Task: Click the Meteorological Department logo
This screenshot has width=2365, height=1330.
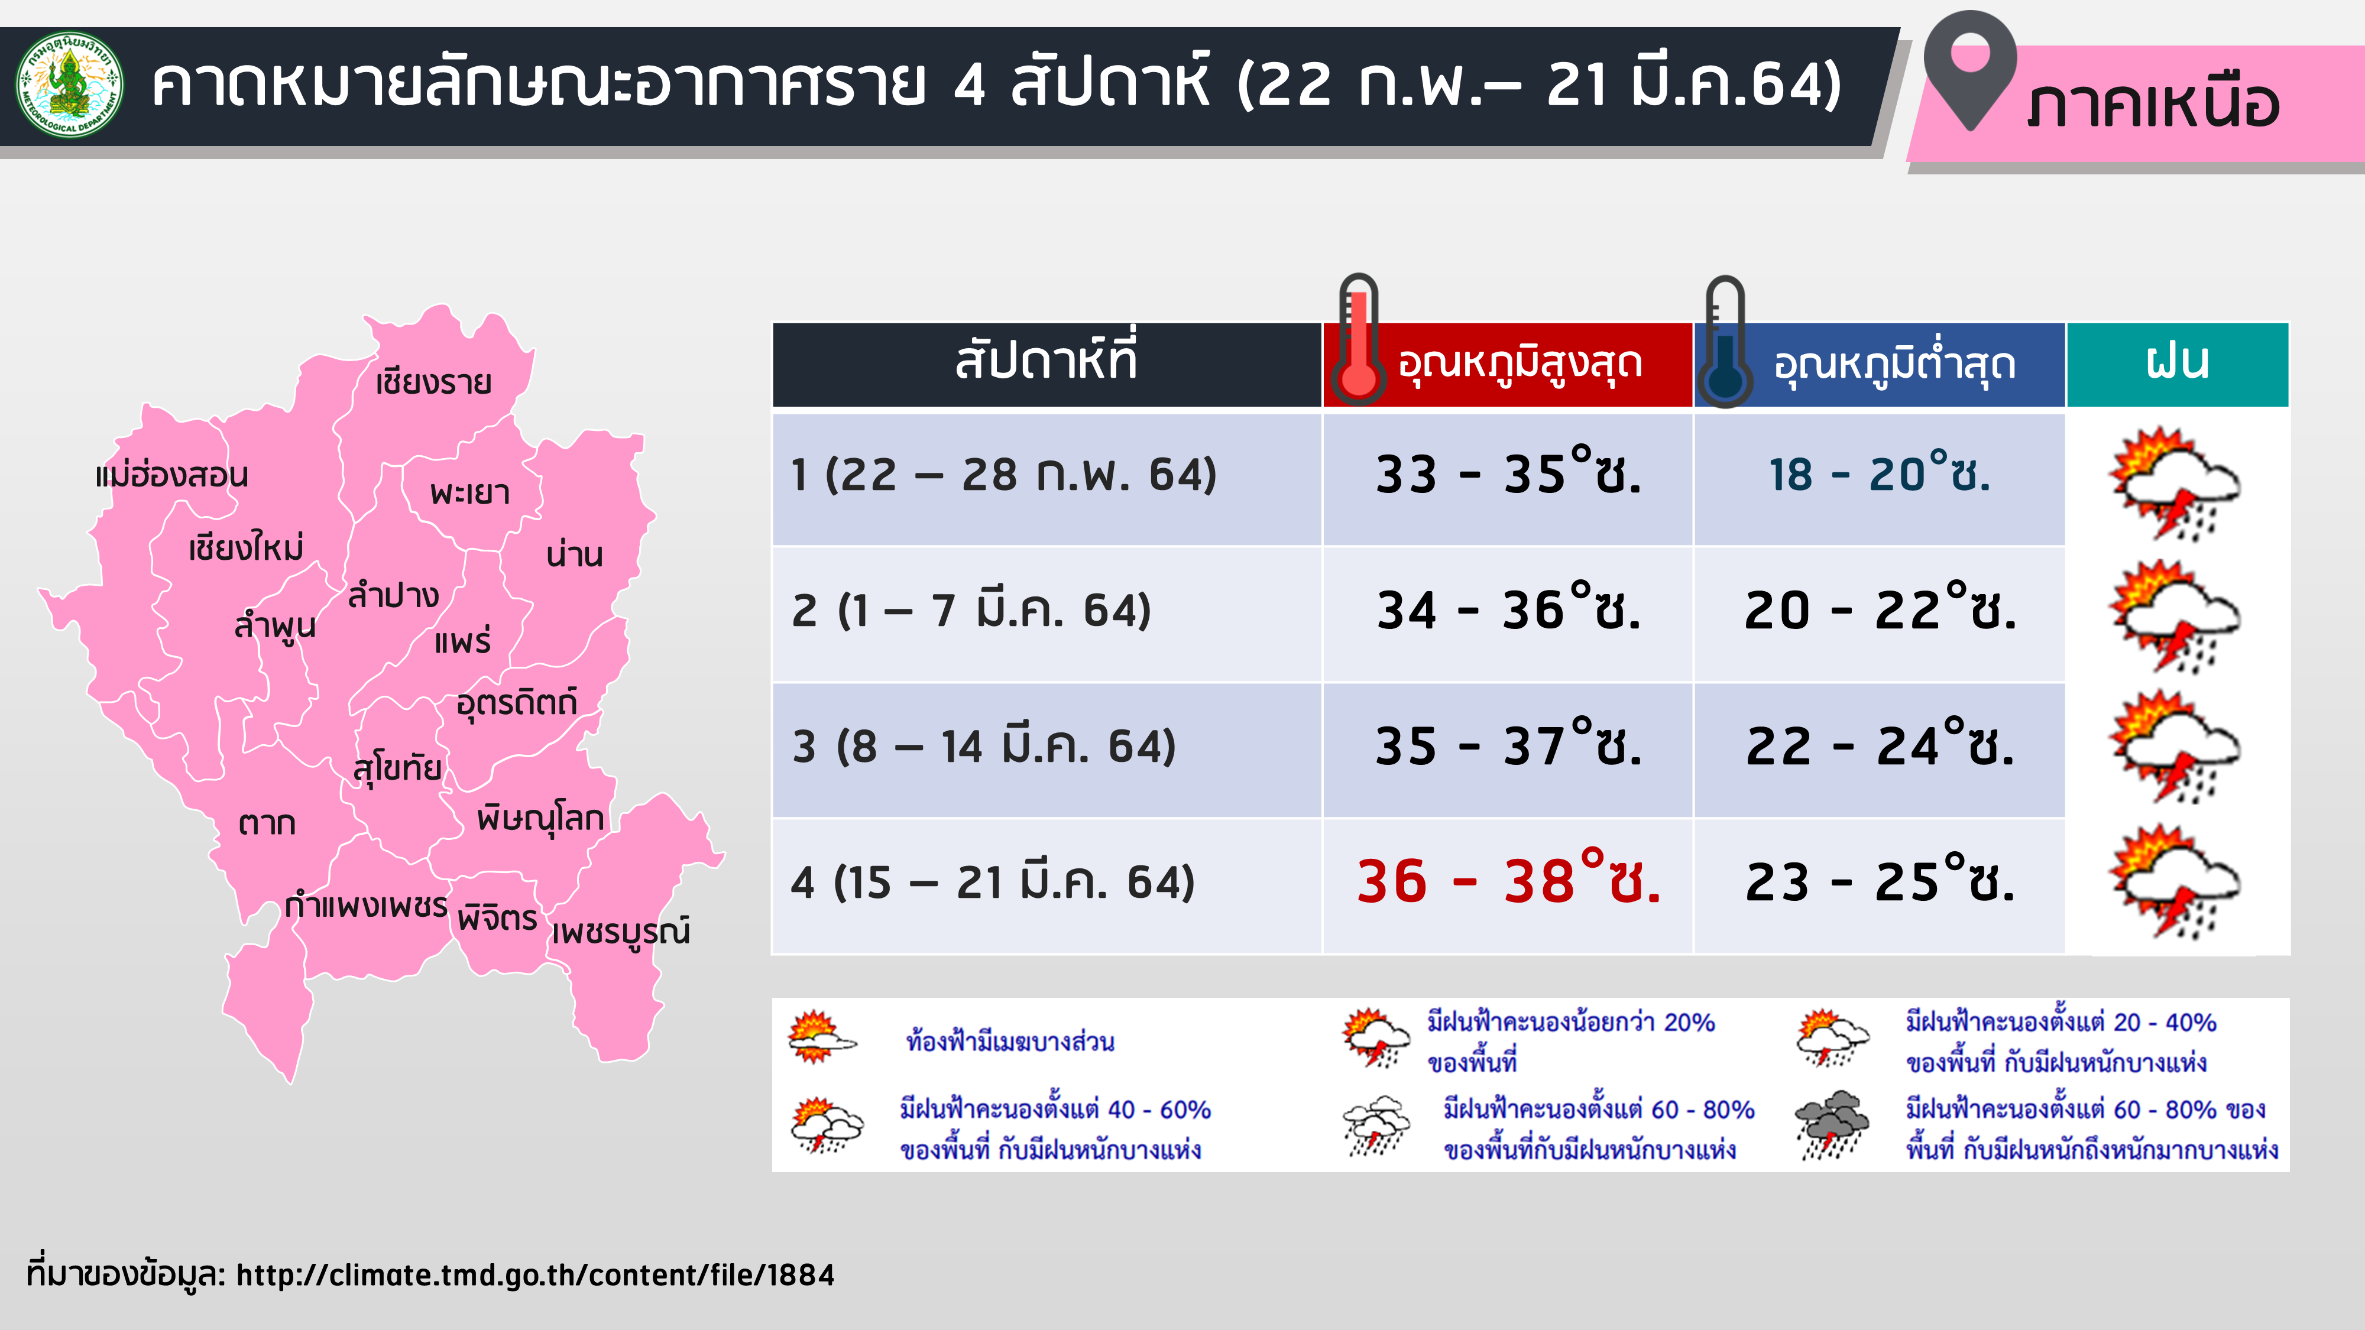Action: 70,85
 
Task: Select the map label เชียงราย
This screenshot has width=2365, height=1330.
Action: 433,382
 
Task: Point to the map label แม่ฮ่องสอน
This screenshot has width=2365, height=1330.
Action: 171,475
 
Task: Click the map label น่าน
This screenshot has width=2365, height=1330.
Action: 574,554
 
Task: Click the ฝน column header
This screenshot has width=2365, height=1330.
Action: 2177,364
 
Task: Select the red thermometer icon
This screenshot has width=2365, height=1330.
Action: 1358,340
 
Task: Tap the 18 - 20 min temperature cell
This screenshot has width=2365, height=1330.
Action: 1880,475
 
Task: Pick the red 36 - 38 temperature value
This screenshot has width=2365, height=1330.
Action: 1508,881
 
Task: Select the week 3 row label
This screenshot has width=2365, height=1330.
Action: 983,746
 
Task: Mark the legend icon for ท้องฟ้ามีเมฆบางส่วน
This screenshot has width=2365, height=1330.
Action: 821,1037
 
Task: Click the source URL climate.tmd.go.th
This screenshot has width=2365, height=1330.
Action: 535,1275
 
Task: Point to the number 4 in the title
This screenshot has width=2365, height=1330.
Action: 970,85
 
